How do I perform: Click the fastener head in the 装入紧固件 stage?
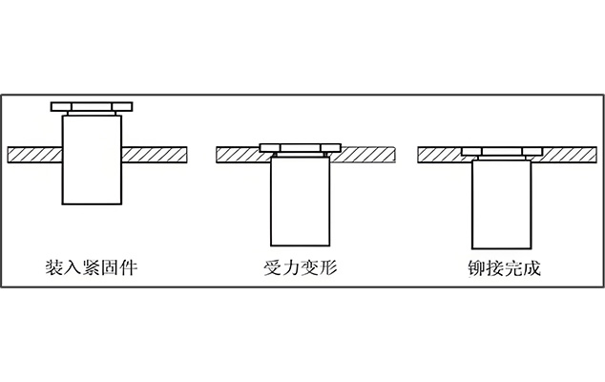(x=92, y=103)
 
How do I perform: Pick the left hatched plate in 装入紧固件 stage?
(x=34, y=154)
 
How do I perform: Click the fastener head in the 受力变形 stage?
(x=300, y=148)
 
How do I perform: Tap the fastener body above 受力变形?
(x=300, y=201)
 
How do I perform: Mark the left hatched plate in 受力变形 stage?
(x=239, y=154)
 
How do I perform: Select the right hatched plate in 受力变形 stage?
(x=367, y=154)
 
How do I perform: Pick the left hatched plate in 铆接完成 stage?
(x=441, y=154)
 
